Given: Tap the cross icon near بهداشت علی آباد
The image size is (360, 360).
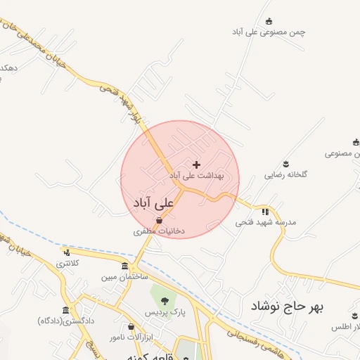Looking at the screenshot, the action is [195, 164].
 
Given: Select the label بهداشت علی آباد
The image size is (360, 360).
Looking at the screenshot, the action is [196, 174].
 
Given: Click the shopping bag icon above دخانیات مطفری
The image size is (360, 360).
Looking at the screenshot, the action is [160, 220].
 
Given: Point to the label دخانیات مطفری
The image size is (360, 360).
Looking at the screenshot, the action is [159, 231].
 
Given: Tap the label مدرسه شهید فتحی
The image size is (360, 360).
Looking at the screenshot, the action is [266, 221].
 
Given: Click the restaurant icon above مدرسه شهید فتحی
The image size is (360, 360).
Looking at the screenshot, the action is [265, 211].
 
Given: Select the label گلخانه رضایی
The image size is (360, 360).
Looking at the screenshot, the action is [286, 174].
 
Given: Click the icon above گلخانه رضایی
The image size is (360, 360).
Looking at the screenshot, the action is [285, 163].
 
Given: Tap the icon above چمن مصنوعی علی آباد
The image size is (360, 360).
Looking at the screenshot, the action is [269, 22].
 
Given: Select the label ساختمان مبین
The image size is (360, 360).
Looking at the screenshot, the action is [124, 277].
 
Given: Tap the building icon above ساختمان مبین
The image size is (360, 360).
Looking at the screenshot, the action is [124, 266].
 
